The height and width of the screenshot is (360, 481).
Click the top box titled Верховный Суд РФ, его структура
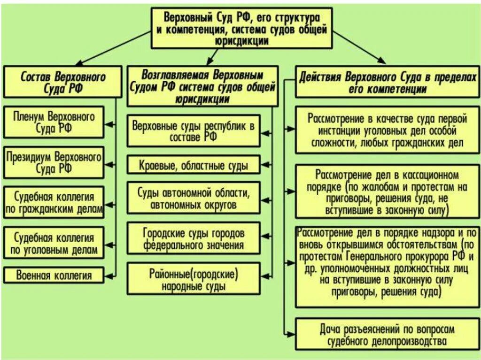pyautogui.click(x=241, y=28)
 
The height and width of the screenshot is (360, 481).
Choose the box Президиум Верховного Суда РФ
pyautogui.click(x=54, y=162)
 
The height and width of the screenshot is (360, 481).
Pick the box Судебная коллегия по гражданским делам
pyautogui.click(x=54, y=202)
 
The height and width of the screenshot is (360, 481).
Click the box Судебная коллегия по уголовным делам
pyautogui.click(x=54, y=243)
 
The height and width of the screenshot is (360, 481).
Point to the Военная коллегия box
pyautogui.click(x=54, y=275)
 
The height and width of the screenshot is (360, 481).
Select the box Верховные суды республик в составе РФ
pyautogui.click(x=194, y=131)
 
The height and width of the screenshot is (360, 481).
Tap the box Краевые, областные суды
pyautogui.click(x=194, y=165)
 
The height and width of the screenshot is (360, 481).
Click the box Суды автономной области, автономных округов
pyautogui.click(x=194, y=198)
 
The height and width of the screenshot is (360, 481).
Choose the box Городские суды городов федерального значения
pyautogui.click(x=194, y=238)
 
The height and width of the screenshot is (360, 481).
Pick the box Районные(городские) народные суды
pyautogui.click(x=194, y=279)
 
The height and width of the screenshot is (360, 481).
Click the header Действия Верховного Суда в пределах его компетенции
pyautogui.click(x=388, y=83)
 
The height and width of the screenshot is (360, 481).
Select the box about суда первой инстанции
pyautogui.click(x=388, y=130)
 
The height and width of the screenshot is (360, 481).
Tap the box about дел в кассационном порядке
pyautogui.click(x=388, y=192)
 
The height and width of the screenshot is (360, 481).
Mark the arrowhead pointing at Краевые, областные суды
pyautogui.click(x=264, y=165)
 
